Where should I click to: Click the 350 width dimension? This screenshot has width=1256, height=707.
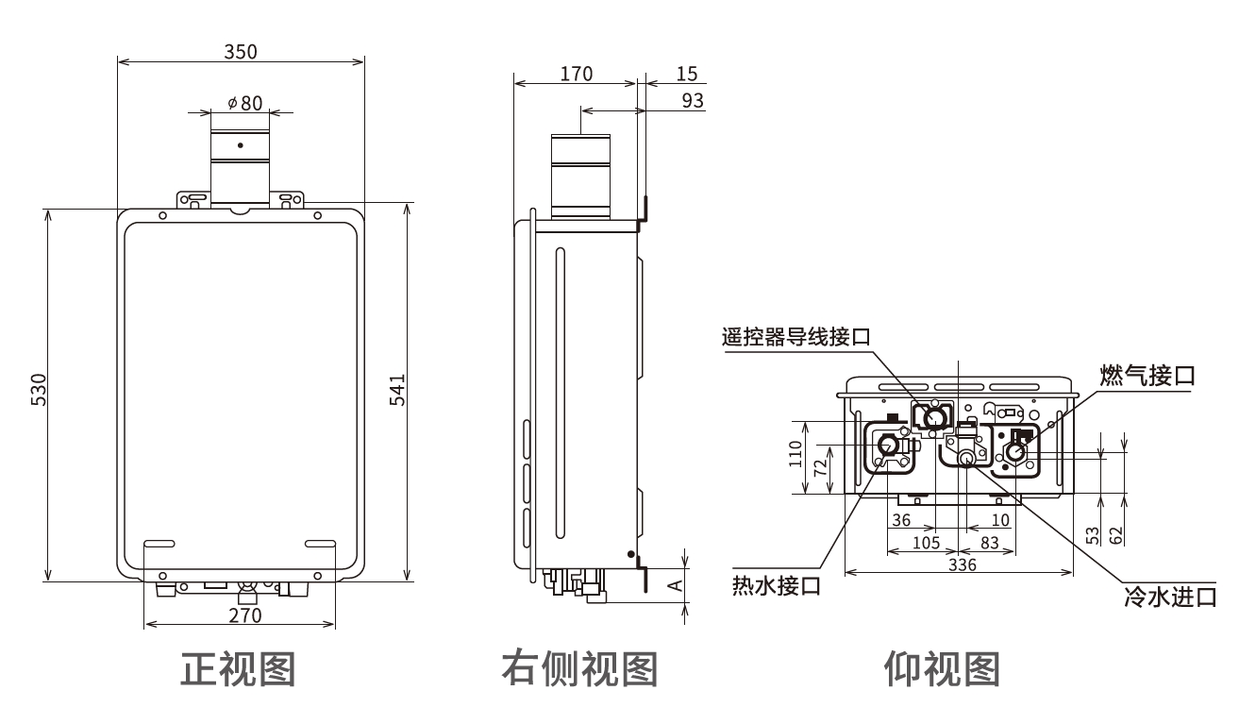(x=240, y=51)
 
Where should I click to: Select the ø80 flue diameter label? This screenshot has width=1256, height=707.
(x=244, y=103)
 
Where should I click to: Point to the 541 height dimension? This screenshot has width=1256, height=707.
(x=397, y=391)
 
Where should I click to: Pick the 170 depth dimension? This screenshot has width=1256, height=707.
(x=576, y=73)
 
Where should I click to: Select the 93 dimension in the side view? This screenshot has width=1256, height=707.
(x=693, y=100)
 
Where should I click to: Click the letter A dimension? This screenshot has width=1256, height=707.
(x=675, y=585)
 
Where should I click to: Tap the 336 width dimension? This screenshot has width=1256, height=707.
(x=961, y=564)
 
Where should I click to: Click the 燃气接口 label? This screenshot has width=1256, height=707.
(x=1147, y=375)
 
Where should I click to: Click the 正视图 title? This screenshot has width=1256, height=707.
(x=238, y=667)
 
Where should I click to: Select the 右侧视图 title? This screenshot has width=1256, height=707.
(x=578, y=667)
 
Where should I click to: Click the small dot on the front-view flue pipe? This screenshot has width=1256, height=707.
(x=240, y=145)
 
